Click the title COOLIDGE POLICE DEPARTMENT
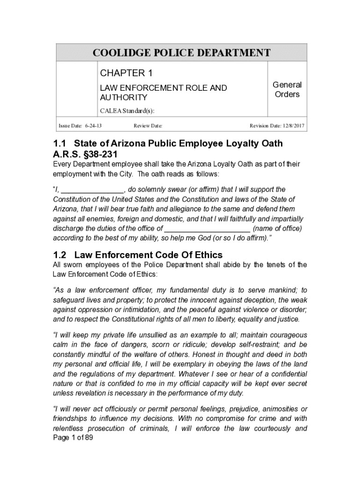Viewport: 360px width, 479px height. point(181,52)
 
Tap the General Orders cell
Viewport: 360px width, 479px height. point(287,89)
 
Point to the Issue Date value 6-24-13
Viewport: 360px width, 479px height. point(94,126)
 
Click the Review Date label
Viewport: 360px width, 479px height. point(148,126)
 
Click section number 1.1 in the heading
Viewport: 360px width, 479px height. point(60,143)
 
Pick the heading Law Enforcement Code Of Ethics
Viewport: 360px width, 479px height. point(149,255)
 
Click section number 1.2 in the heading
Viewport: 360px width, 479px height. point(60,255)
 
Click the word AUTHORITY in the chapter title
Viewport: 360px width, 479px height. point(123,97)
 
